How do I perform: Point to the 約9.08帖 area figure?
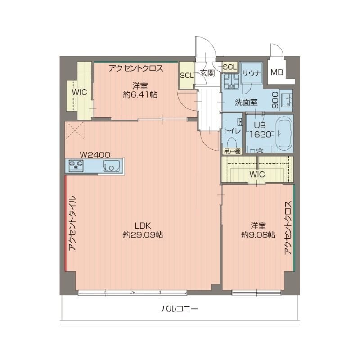(258, 235)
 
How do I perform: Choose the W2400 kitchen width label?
(95, 154)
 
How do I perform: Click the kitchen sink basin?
(111, 166)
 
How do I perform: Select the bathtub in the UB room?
(284, 134)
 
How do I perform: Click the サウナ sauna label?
(250, 74)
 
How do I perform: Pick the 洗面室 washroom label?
(246, 102)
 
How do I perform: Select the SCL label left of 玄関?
(186, 75)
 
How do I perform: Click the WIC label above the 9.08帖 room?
(257, 174)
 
